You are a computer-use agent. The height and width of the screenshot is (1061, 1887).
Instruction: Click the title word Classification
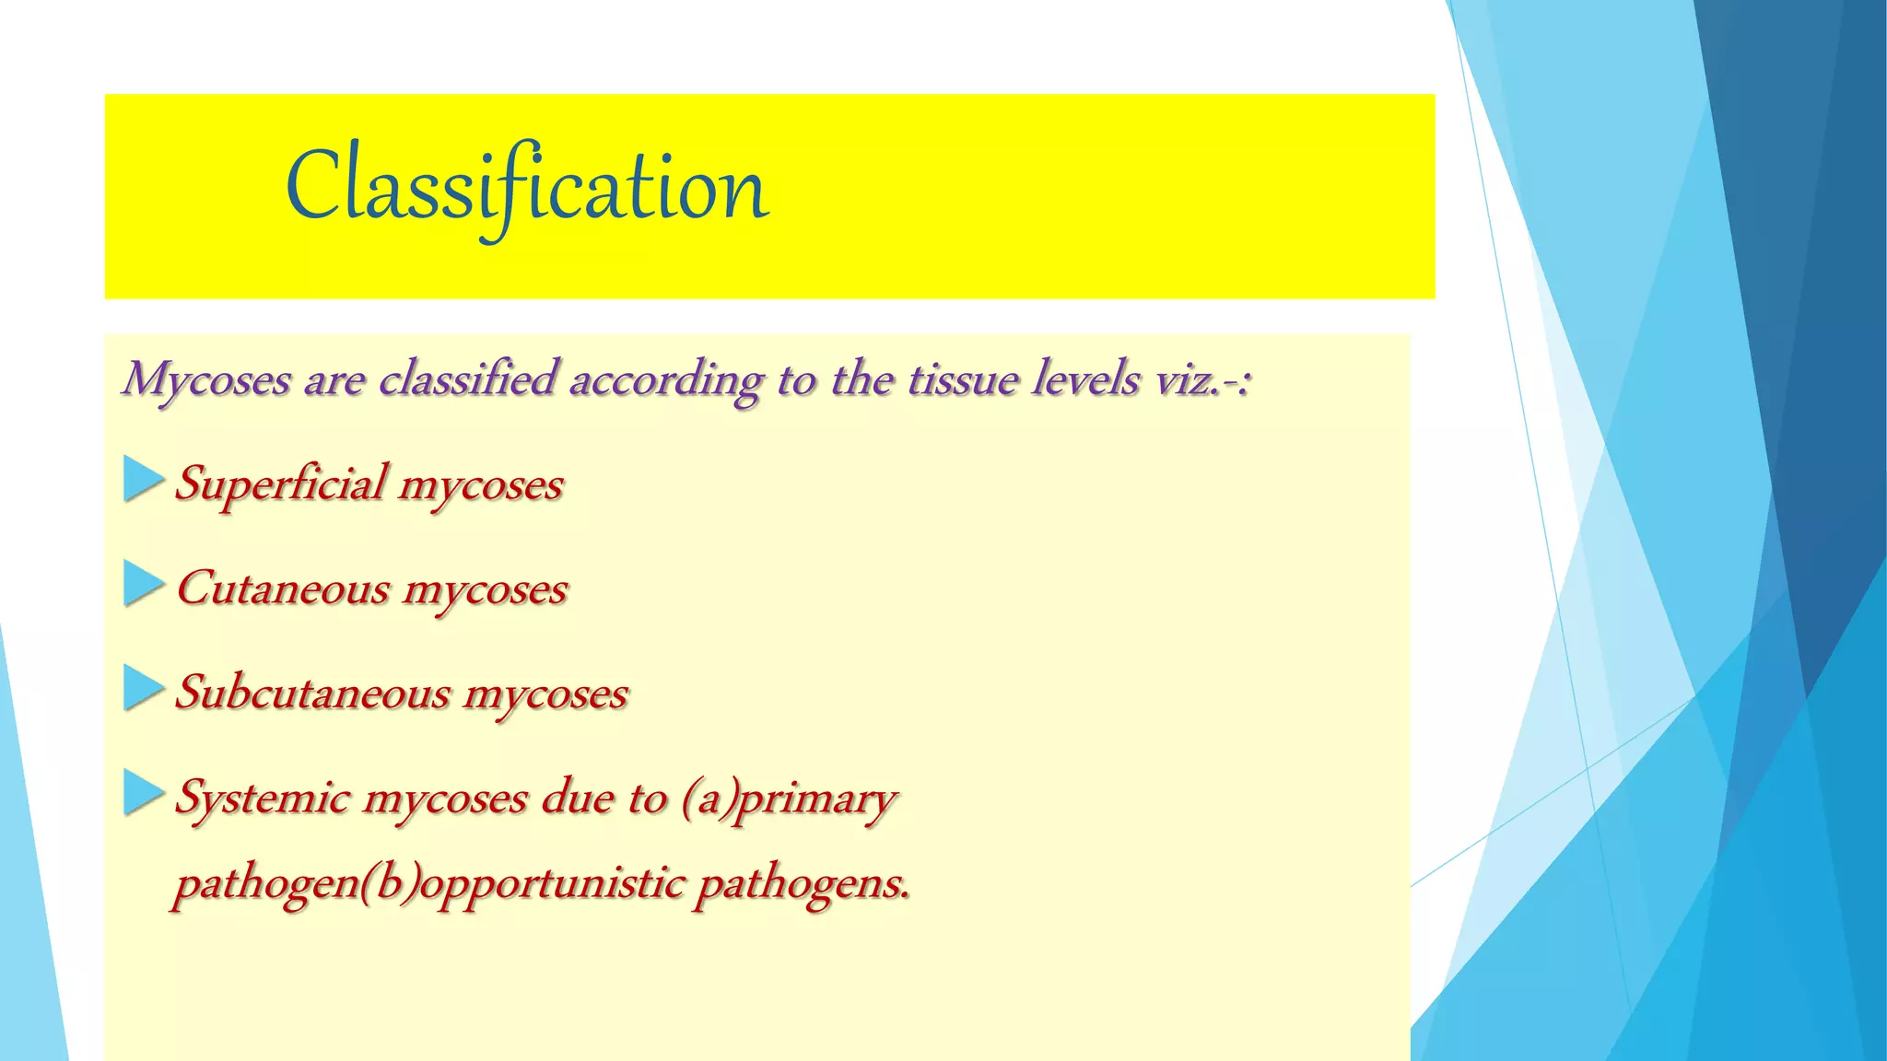(x=527, y=188)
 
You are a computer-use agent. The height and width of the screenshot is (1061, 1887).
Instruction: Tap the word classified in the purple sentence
(x=468, y=379)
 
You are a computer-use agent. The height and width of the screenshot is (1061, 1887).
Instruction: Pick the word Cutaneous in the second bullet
(x=283, y=589)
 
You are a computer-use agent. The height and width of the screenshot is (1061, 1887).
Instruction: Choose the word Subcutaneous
(x=312, y=693)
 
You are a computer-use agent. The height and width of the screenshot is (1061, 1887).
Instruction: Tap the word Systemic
(x=263, y=798)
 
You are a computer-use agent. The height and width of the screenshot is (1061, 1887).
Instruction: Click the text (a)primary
(x=789, y=798)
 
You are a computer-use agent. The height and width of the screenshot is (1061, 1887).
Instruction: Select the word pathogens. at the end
(x=803, y=883)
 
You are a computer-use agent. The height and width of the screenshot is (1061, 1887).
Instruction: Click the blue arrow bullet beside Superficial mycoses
(x=143, y=481)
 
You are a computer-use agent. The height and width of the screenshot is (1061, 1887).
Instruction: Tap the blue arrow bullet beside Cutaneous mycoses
(x=143, y=585)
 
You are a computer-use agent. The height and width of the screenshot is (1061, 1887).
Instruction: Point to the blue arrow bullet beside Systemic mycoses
(x=143, y=794)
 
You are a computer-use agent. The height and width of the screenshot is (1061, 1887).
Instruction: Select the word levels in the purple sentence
(x=1085, y=379)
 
